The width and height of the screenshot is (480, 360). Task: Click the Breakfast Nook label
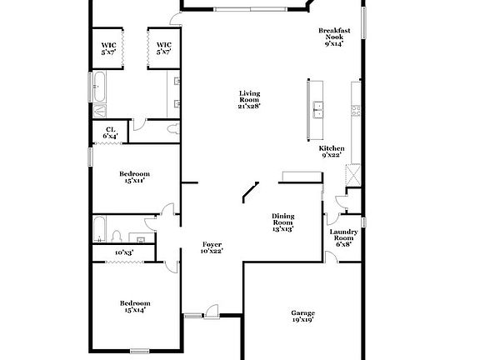pyautogui.click(x=334, y=37)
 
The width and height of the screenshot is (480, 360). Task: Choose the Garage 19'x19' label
pyautogui.click(x=302, y=316)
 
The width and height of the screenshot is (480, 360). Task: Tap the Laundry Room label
pyautogui.click(x=343, y=238)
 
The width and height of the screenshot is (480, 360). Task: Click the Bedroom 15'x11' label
pyautogui.click(x=134, y=178)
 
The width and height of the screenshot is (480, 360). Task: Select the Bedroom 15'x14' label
pyautogui.click(x=134, y=306)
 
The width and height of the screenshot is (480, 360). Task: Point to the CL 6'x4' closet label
pyautogui.click(x=111, y=132)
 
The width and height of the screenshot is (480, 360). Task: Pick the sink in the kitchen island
pyautogui.click(x=317, y=107)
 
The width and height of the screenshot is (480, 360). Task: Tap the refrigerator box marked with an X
pyautogui.click(x=353, y=175)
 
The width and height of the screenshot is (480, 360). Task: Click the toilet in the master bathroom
pyautogui.click(x=172, y=129)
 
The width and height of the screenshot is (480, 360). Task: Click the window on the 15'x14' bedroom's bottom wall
pyautogui.click(x=141, y=350)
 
